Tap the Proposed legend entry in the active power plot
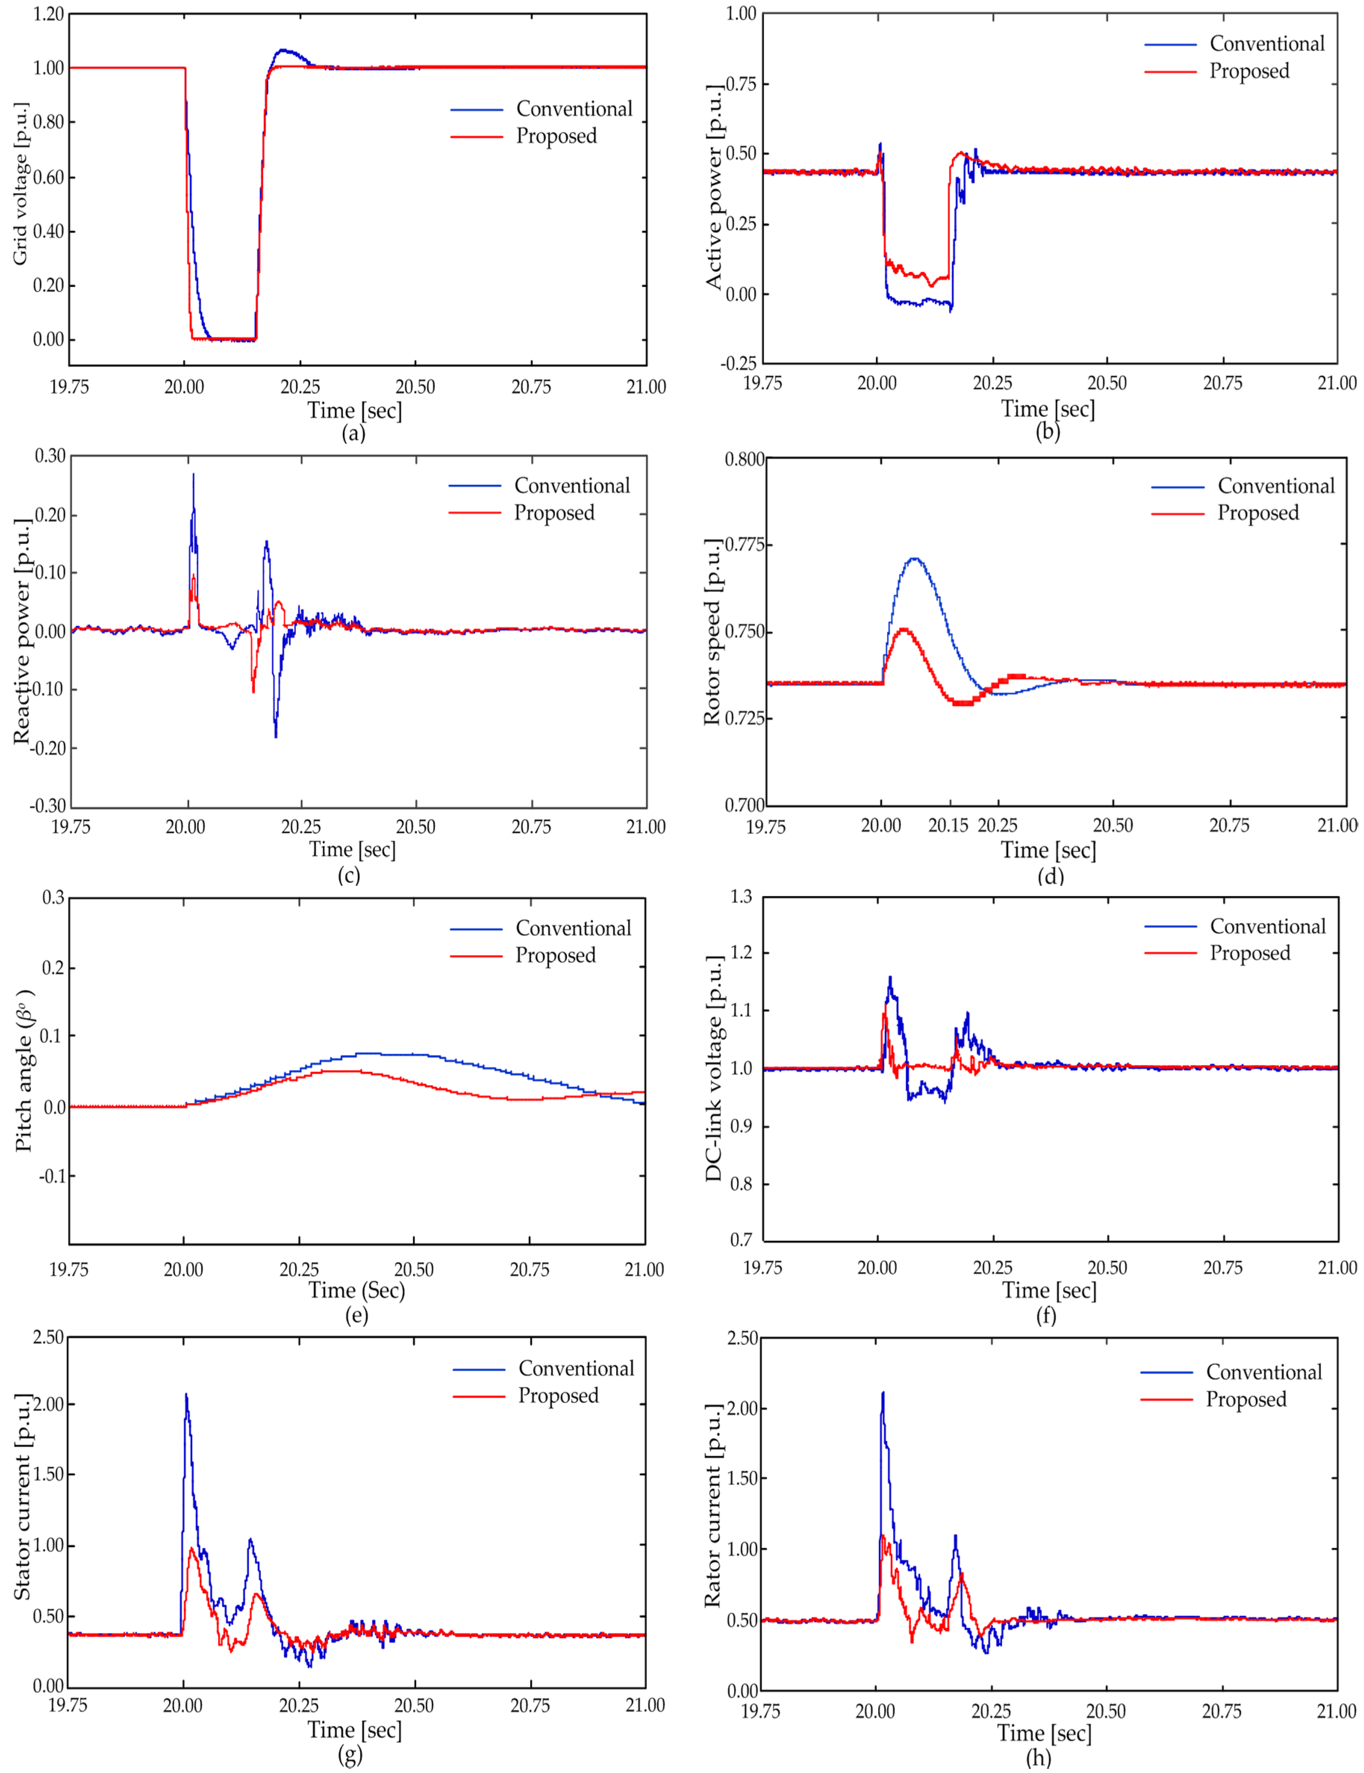(1249, 71)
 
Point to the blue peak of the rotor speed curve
(914, 559)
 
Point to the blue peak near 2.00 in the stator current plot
(186, 1396)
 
